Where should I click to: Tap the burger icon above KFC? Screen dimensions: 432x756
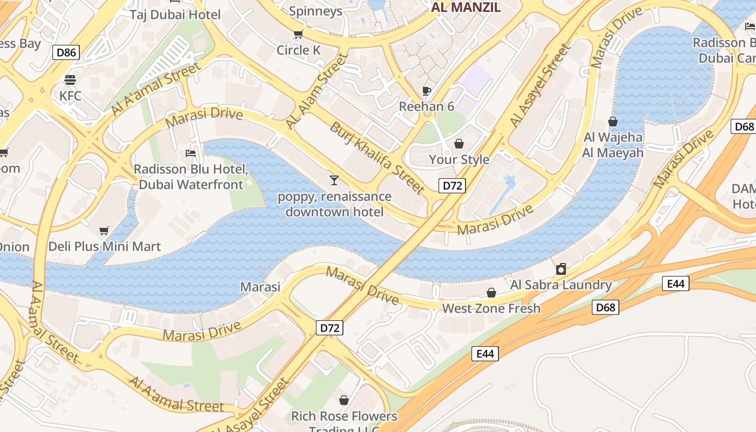[x=70, y=80]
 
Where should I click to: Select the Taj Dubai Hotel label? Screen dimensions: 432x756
[x=175, y=14]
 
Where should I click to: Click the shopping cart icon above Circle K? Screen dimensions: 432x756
[x=298, y=35]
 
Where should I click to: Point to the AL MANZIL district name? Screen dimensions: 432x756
[x=466, y=8]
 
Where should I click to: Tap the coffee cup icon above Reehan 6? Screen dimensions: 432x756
[x=427, y=90]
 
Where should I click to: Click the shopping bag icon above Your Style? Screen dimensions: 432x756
[x=458, y=144]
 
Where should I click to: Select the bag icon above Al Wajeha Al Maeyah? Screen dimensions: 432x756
[x=613, y=122]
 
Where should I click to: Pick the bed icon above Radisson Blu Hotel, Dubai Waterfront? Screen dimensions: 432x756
[x=191, y=153]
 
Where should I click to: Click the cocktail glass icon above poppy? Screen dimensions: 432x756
[x=334, y=180]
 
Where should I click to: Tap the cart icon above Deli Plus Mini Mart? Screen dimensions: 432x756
[x=104, y=231]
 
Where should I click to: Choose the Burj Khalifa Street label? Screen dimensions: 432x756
[x=376, y=158]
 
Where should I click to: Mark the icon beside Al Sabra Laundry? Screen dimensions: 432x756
[x=561, y=268]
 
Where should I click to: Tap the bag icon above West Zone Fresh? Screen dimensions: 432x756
[x=491, y=293]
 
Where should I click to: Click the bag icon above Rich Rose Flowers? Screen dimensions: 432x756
[x=344, y=400]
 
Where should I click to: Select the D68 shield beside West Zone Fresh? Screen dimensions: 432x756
[x=605, y=308]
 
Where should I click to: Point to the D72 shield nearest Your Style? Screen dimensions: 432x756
[x=452, y=186]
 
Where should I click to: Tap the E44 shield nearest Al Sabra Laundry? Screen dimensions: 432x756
[x=676, y=283]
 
